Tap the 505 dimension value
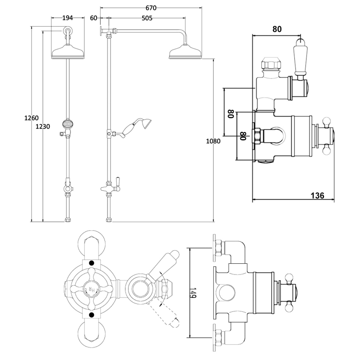coord(147,18)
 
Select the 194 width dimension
coord(68,18)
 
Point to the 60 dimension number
coord(94,18)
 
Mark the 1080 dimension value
coord(213,141)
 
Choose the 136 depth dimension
coord(318,195)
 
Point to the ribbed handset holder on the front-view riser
coord(68,123)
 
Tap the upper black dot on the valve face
coord(92,263)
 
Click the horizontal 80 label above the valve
coord(277,29)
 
